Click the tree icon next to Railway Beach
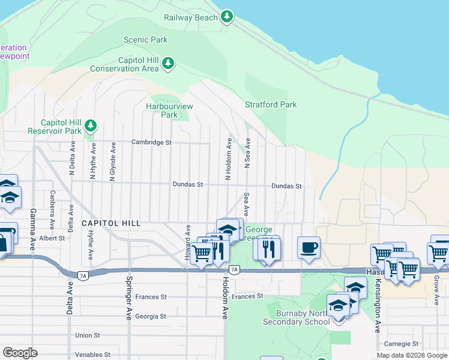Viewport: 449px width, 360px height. coord(227,16)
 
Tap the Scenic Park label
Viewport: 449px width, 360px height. coord(145,40)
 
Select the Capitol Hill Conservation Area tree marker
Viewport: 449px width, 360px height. coord(169,63)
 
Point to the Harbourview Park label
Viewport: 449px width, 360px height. coord(169,110)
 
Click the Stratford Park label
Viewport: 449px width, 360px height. coord(271,104)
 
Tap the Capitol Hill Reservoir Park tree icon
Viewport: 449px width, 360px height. coord(91,125)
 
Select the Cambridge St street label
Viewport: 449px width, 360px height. coord(152,142)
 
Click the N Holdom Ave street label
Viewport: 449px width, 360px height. coord(228,159)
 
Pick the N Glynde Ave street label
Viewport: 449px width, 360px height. coord(112,161)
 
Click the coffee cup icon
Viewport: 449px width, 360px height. coord(309,247)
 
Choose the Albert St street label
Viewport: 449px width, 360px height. coord(52,238)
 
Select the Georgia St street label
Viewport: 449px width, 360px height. coord(151,316)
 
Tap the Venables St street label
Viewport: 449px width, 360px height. coord(91,355)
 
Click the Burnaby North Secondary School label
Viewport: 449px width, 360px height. coord(303,317)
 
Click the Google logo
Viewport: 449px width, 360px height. coord(20,353)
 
